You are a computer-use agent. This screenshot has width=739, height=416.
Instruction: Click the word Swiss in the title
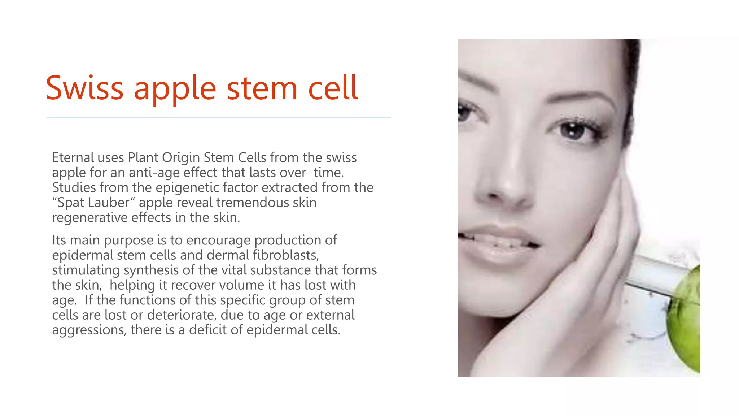point(84,88)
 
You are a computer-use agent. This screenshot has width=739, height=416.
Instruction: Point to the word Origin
point(181,158)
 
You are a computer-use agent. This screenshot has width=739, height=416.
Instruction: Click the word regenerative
point(89,218)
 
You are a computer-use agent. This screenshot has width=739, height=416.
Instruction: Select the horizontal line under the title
point(218,117)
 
